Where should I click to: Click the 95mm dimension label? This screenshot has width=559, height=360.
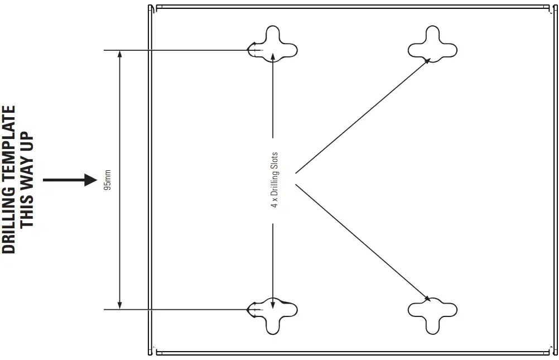108,180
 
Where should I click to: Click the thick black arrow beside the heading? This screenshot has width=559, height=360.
70,180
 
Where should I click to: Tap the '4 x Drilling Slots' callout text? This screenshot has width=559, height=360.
274,180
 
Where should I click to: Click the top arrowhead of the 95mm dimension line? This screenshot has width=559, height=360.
120,54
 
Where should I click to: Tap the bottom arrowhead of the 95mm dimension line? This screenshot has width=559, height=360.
120,305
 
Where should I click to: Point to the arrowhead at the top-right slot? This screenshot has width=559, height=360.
427,61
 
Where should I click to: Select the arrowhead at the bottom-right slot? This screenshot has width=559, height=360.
427,298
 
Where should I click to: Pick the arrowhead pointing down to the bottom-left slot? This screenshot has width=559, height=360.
273,304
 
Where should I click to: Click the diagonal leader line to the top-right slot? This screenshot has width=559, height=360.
363,116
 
